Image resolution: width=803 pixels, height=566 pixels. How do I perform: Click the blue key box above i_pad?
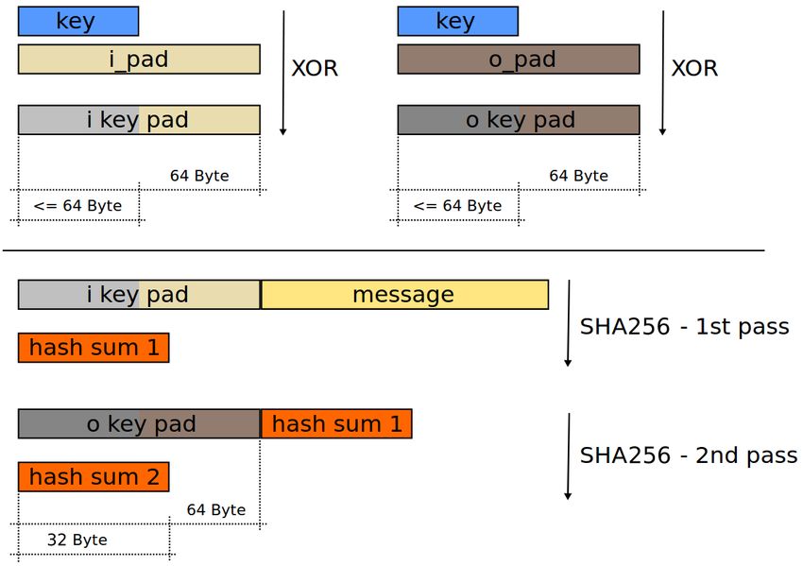78,21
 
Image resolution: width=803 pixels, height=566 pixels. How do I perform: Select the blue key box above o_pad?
458,21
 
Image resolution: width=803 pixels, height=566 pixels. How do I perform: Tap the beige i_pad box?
139,59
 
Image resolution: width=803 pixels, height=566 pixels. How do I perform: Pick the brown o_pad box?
519,59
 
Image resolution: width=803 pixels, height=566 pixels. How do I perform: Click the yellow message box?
404,295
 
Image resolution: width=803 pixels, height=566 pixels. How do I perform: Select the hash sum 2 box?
94,477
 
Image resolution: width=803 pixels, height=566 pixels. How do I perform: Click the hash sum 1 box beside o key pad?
336,423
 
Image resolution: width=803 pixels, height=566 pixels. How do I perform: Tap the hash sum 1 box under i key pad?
94,348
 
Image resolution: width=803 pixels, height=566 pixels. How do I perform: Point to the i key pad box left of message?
139,295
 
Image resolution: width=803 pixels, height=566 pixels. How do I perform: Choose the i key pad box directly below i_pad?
139,120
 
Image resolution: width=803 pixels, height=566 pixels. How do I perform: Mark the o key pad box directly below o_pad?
519,120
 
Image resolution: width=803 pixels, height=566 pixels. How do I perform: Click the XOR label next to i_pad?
315,68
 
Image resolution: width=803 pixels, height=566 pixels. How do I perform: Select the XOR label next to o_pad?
695,68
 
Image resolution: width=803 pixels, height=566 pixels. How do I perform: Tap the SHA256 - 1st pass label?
684,326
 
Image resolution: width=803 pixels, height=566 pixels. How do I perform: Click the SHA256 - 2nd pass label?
689,455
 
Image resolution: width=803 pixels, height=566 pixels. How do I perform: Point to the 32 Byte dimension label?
77,540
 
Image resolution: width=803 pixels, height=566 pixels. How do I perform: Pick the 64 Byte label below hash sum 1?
216,509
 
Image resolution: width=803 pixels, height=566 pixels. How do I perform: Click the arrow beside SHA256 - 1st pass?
568,323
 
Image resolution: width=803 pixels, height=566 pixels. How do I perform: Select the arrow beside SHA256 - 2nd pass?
568,456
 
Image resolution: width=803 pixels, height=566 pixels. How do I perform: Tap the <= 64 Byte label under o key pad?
457,206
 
